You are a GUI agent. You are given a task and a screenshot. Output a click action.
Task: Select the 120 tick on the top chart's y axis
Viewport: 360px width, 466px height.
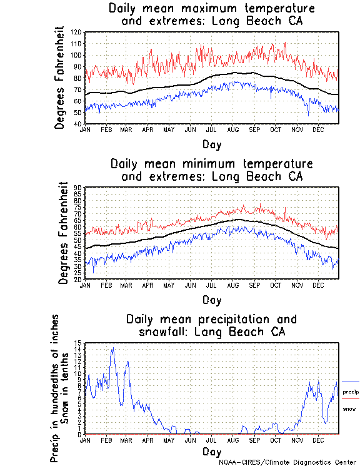pos(76,32)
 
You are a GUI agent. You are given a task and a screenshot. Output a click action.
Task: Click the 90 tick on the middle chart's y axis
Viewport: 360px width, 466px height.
pos(78,187)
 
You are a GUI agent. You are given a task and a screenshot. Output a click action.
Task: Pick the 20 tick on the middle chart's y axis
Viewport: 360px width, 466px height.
pos(78,279)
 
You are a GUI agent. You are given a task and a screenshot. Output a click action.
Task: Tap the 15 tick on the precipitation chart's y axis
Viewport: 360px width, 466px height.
pos(78,343)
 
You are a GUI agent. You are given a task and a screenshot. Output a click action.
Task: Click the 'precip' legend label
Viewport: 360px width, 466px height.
pos(349,392)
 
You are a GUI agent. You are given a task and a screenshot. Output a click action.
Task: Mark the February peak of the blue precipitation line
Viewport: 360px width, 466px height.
pos(112,348)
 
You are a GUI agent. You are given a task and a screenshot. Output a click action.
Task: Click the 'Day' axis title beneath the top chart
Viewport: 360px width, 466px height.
pos(212,144)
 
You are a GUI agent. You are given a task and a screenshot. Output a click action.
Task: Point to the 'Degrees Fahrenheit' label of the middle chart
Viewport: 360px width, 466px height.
pos(62,233)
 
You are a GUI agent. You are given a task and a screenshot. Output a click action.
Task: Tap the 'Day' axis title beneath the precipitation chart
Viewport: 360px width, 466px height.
pos(212,452)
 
